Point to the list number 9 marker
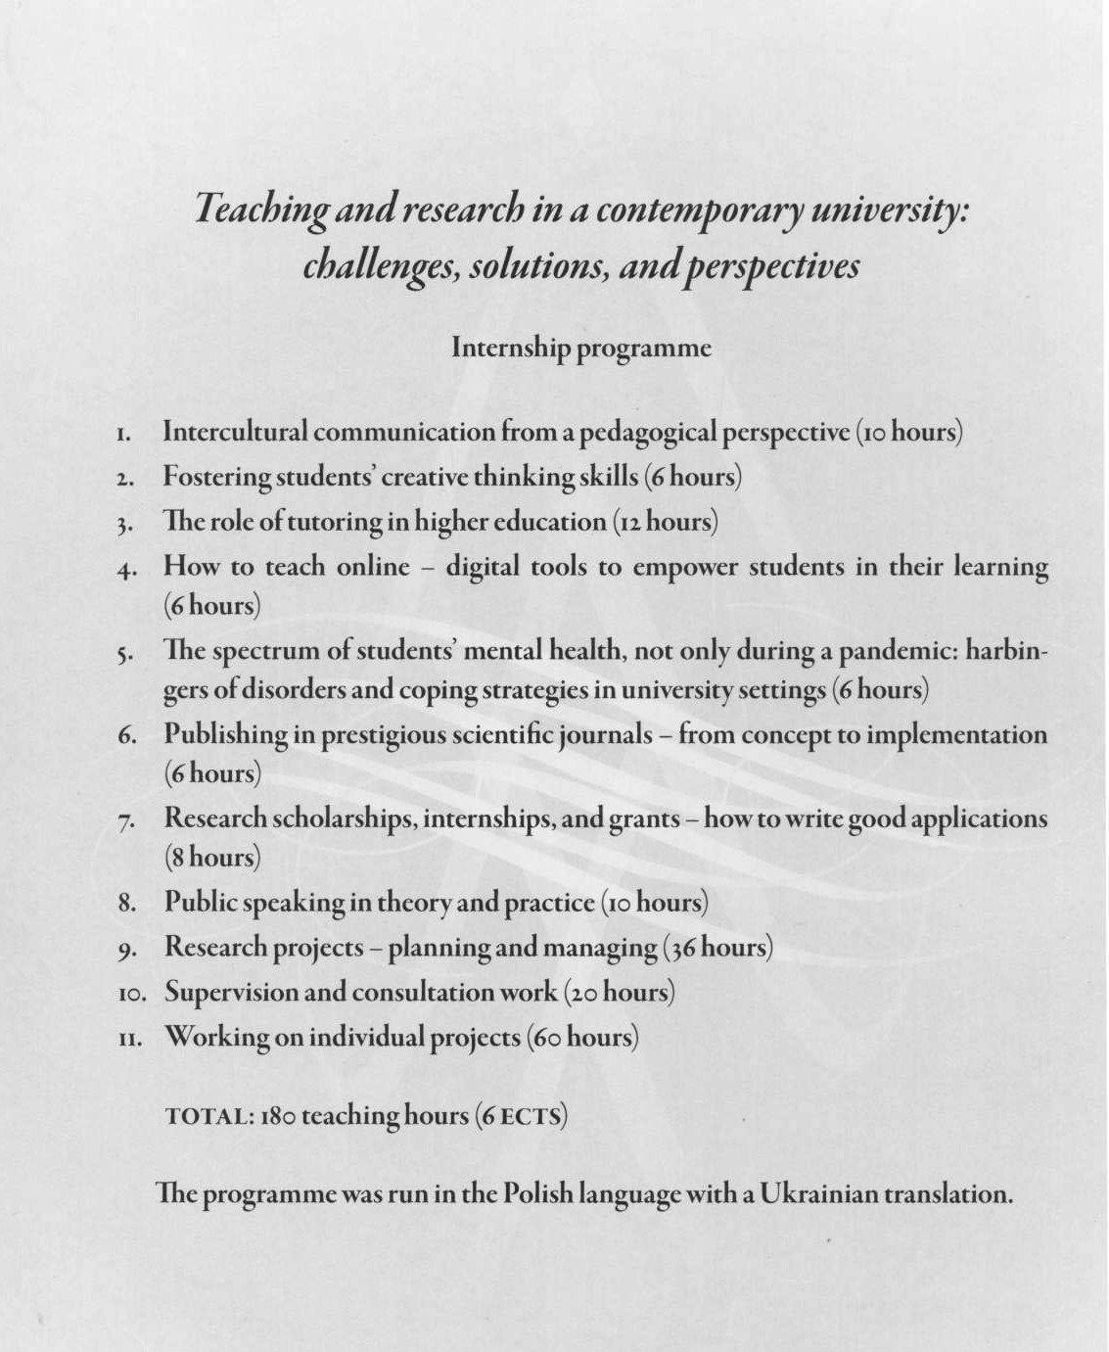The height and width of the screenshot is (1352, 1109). click(x=124, y=949)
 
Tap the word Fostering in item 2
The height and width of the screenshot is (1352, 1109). click(x=217, y=477)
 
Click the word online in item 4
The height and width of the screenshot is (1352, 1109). click(x=373, y=567)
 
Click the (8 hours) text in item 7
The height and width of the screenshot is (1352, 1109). click(x=212, y=858)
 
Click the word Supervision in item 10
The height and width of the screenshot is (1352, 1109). click(x=231, y=992)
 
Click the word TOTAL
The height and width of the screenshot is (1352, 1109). click(x=209, y=1116)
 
